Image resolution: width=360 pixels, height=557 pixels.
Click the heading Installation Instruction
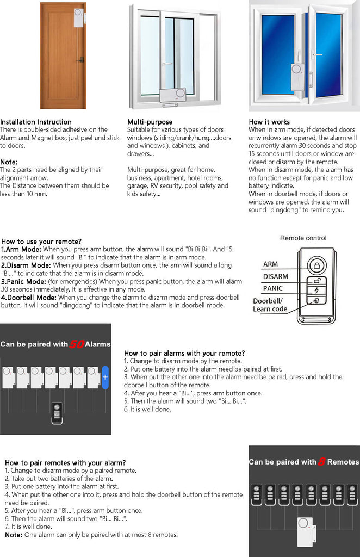[35, 122]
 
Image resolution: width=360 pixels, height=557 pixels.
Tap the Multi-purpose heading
[150, 122]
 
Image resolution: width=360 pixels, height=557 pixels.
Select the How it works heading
[269, 122]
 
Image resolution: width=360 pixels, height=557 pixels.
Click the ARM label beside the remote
[270, 264]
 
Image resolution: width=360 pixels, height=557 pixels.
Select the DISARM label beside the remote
[276, 276]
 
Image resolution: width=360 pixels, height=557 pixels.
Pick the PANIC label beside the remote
[273, 288]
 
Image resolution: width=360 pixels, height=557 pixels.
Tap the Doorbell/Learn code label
[270, 305]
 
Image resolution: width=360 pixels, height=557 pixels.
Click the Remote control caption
[303, 238]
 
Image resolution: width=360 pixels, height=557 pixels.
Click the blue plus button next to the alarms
[105, 377]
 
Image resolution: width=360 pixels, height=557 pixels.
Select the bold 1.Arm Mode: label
[21, 249]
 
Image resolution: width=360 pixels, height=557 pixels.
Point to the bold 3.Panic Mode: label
[23, 281]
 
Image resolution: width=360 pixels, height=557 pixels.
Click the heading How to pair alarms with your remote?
[184, 353]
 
